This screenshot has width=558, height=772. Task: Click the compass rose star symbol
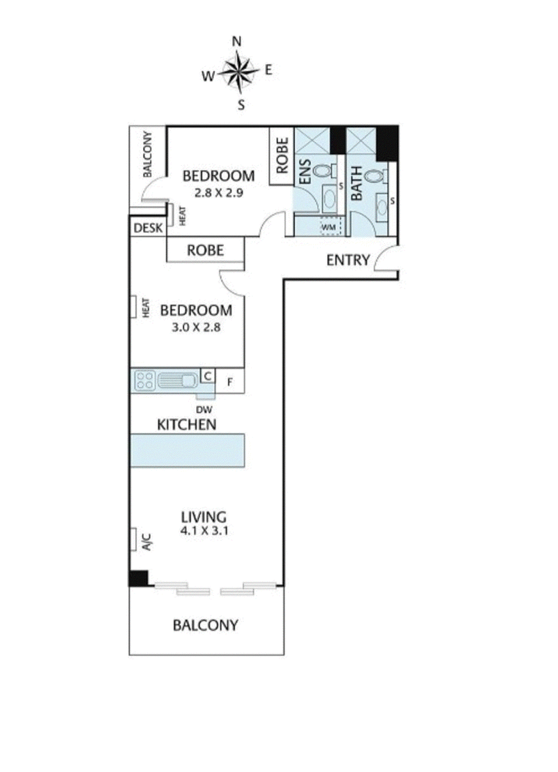click(x=238, y=72)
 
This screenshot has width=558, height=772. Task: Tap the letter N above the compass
click(x=237, y=42)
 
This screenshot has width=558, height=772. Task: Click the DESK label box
click(x=147, y=227)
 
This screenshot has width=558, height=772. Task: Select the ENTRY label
click(x=347, y=260)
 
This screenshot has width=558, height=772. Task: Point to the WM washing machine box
click(x=327, y=226)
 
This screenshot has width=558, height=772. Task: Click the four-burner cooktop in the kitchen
click(x=145, y=380)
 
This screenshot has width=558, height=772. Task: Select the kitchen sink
click(x=179, y=380)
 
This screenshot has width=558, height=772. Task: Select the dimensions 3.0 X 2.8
click(x=196, y=326)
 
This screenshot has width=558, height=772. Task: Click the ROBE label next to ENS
click(x=282, y=156)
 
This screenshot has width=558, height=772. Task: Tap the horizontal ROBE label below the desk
click(x=205, y=250)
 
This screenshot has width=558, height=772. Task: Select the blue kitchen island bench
click(x=188, y=451)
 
